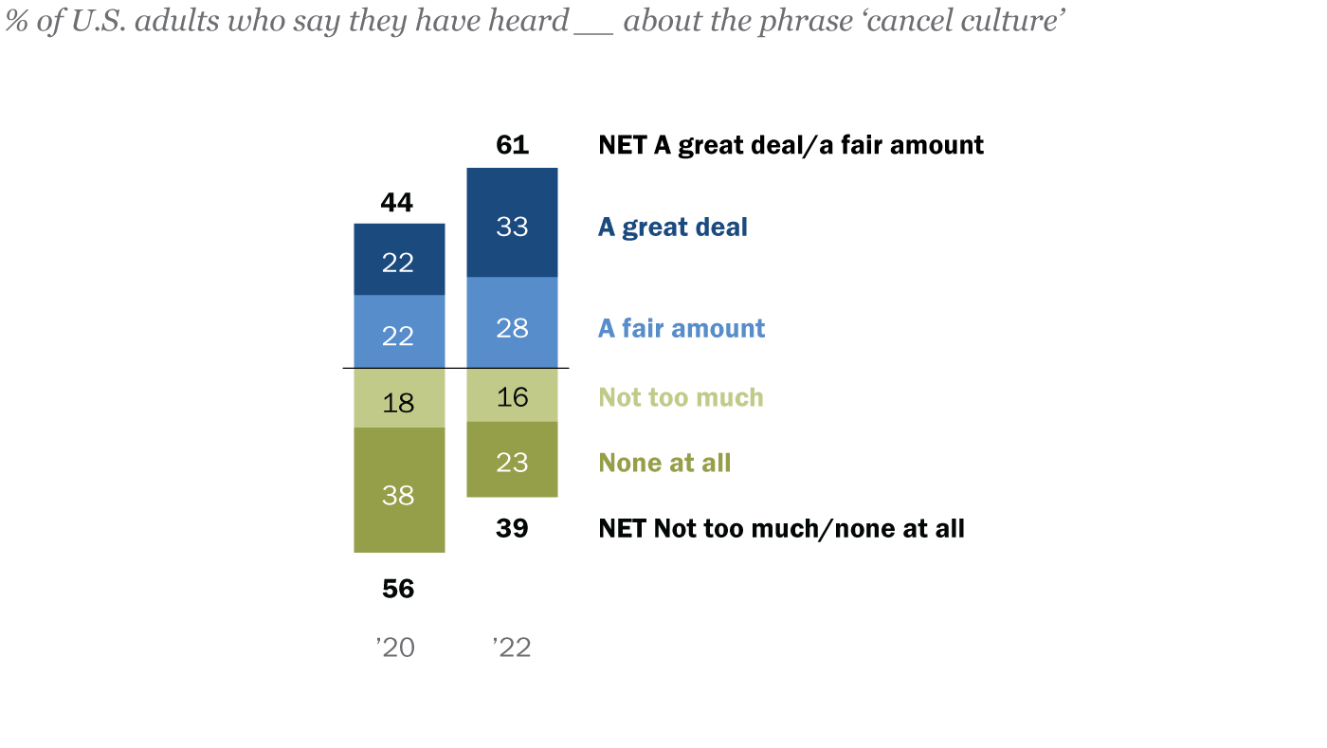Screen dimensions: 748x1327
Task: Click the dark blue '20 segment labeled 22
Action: [x=399, y=260]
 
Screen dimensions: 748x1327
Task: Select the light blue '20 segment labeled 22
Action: [x=399, y=331]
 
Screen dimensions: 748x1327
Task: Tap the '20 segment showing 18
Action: [x=399, y=398]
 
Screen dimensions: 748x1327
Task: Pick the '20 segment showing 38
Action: [x=399, y=490]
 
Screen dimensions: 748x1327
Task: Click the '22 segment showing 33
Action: [x=512, y=223]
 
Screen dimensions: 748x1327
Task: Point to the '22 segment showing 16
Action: [x=512, y=394]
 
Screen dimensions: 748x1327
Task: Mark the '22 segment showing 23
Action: [x=512, y=460]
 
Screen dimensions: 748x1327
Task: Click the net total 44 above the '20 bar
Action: [x=397, y=202]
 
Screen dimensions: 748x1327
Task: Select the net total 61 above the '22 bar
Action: [x=512, y=145]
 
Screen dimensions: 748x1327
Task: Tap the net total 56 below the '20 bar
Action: [x=398, y=589]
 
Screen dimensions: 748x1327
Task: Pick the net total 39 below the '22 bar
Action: [x=512, y=528]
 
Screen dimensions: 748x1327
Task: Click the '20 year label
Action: [x=396, y=648]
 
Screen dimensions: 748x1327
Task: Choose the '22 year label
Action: [x=512, y=648]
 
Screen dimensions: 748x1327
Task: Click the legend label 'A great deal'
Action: [x=673, y=228]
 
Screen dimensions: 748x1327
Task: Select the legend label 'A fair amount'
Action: [x=682, y=328]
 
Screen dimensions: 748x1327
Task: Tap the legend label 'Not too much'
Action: [x=681, y=396]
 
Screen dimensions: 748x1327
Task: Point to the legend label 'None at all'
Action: [x=664, y=463]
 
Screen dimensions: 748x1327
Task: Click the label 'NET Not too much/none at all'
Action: [x=781, y=528]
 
